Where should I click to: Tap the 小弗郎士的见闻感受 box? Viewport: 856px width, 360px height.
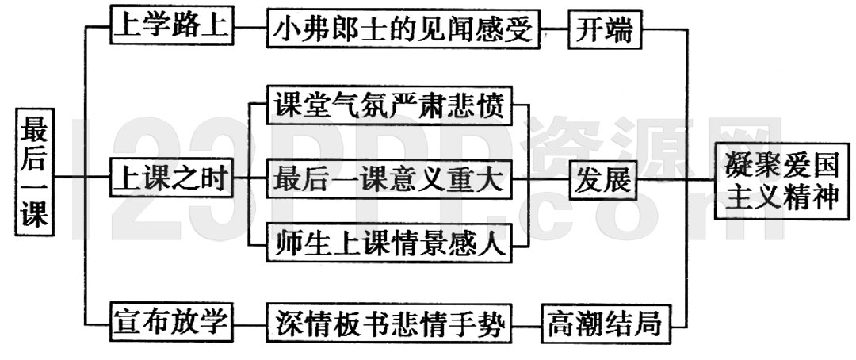click(403, 31)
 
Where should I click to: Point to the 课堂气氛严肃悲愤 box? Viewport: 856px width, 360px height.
click(388, 105)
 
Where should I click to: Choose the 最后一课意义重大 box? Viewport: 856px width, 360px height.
click(388, 179)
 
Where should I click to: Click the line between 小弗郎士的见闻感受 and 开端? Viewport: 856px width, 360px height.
click(555, 31)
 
